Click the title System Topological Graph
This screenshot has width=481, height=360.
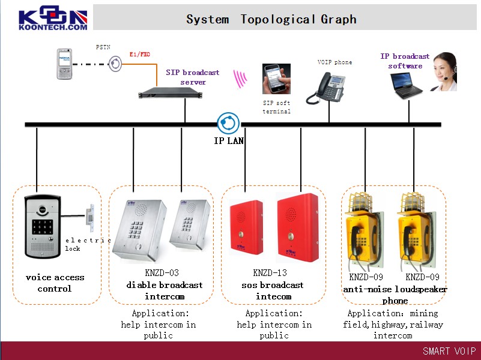pyautogui.click(x=271, y=19)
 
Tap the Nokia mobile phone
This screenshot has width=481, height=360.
pyautogui.click(x=65, y=64)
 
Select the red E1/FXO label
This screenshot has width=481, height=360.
pyautogui.click(x=140, y=55)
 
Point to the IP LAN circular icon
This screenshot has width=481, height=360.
pyautogui.click(x=228, y=124)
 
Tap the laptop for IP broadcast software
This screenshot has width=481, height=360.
pyautogui.click(x=407, y=85)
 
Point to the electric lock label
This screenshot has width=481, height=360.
pyautogui.click(x=88, y=244)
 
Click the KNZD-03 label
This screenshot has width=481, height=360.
pyautogui.click(x=162, y=273)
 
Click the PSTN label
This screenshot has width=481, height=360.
pyautogui.click(x=103, y=47)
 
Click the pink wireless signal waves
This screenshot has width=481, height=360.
pyautogui.click(x=241, y=79)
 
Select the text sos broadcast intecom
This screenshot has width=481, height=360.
pyautogui.click(x=273, y=290)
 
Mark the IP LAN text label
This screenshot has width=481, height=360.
pyautogui.click(x=229, y=141)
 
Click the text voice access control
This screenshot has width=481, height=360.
pyautogui.click(x=55, y=283)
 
